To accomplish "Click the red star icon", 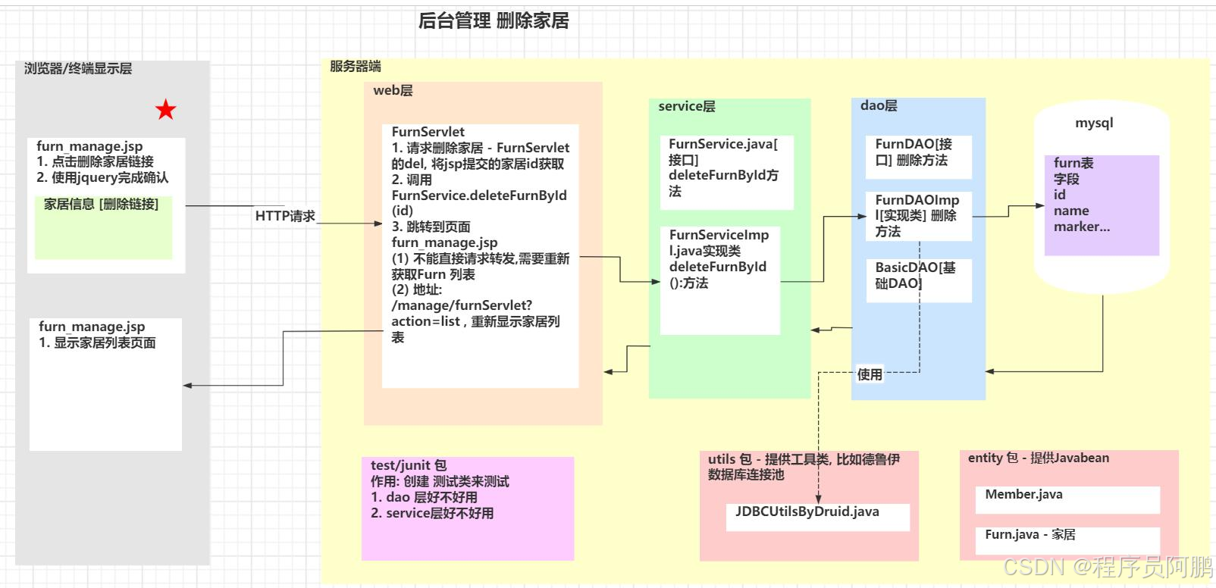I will click(165, 111).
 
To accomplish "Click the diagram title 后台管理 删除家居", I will click(494, 21).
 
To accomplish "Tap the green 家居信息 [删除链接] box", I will click(103, 227).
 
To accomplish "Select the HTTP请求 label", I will click(285, 217).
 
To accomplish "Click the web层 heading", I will click(393, 91).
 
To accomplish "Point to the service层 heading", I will click(686, 107).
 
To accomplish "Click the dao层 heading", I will click(879, 106).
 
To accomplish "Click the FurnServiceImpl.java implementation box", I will click(719, 280).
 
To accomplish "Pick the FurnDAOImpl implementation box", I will click(918, 216).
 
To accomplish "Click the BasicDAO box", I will click(918, 280).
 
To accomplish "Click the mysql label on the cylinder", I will click(1094, 124).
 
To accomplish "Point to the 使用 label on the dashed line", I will click(870, 374).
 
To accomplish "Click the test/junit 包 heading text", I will click(409, 465).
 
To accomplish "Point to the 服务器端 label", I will click(355, 67).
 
